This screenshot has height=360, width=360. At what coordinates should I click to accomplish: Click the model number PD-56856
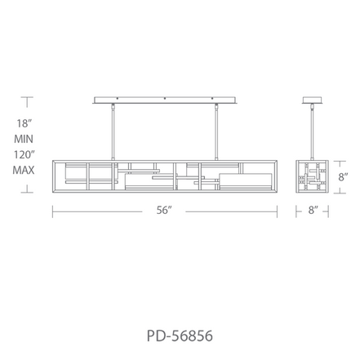click(x=180, y=336)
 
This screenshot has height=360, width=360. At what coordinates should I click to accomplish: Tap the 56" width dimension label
click(x=164, y=210)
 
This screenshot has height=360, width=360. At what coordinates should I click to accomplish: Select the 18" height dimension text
click(x=24, y=123)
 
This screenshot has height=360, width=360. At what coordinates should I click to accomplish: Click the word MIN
click(x=24, y=139)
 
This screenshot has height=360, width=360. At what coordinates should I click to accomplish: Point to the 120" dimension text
click(x=24, y=155)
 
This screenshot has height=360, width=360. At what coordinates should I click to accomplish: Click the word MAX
click(x=24, y=171)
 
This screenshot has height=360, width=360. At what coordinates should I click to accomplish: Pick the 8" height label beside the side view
click(x=343, y=177)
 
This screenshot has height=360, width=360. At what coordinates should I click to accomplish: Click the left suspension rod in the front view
click(x=113, y=131)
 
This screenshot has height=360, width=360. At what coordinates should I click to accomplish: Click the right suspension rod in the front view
click(x=216, y=131)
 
